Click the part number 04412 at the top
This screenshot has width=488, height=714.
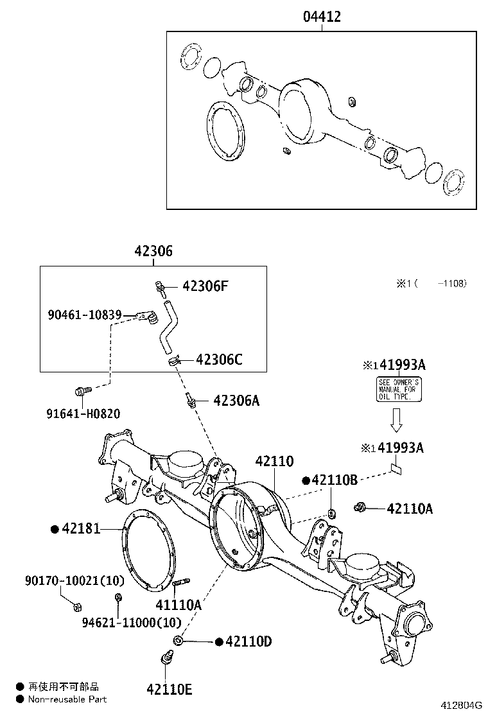pyautogui.click(x=322, y=17)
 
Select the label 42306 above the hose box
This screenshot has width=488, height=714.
pyautogui.click(x=153, y=252)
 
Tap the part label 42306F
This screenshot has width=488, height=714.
pyautogui.click(x=205, y=286)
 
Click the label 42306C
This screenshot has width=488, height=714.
pyautogui.click(x=218, y=360)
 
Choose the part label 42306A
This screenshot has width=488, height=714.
pyautogui.click(x=236, y=401)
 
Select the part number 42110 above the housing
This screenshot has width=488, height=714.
pyautogui.click(x=274, y=461)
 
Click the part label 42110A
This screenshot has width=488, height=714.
pyautogui.click(x=410, y=509)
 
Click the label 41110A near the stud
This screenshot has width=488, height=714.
pyautogui.click(x=179, y=605)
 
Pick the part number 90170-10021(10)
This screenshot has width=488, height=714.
pyautogui.click(x=66, y=580)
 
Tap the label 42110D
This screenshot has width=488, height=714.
pyautogui.click(x=248, y=641)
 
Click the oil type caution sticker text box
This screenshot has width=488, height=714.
pyautogui.click(x=398, y=389)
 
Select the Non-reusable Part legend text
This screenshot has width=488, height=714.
pyautogui.click(x=67, y=699)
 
